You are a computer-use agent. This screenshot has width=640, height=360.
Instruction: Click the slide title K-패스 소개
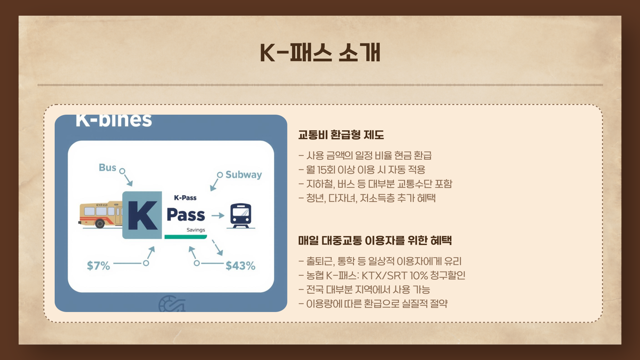[320, 53]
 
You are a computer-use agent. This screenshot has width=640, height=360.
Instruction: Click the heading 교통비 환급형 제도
[341, 135]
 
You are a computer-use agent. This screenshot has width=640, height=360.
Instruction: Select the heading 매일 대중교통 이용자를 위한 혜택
[375, 240]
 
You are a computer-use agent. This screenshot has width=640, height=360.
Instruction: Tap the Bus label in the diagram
[107, 167]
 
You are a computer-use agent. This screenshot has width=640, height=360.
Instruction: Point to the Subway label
[244, 175]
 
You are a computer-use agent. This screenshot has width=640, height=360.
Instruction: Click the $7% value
[98, 266]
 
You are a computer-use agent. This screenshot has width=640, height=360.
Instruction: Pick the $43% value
[240, 266]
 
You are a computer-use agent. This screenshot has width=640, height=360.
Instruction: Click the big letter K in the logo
[143, 215]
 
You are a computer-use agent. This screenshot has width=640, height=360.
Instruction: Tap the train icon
[241, 216]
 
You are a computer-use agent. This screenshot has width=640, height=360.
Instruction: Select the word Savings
[196, 230]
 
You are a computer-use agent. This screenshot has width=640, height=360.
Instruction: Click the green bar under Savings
[186, 237]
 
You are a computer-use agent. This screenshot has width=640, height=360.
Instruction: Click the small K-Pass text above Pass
[185, 198]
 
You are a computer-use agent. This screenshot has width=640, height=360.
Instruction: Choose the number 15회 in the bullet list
[326, 170]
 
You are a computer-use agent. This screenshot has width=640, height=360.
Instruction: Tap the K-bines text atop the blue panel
[114, 120]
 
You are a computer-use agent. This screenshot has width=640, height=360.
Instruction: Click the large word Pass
[186, 215]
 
